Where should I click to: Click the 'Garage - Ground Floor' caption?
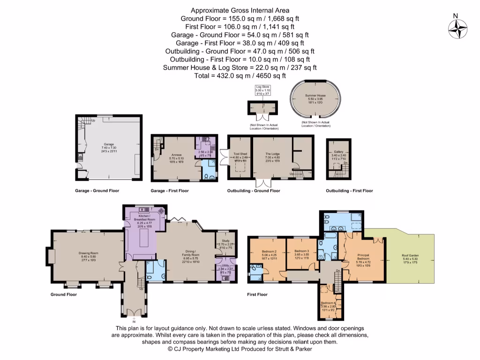[x=97, y=191]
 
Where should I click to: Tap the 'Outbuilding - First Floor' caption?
[x=350, y=191]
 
